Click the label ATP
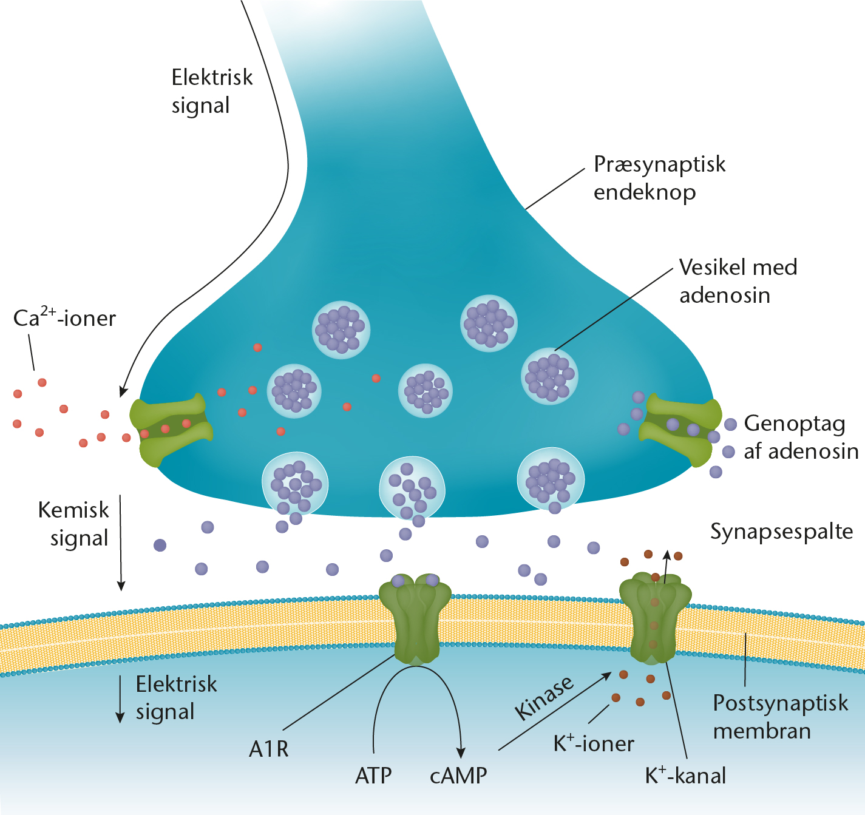[x=373, y=776]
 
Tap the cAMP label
[x=458, y=776]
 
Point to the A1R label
[x=268, y=749]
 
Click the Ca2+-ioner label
[x=64, y=317]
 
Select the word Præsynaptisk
[x=659, y=165]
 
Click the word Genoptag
[x=795, y=424]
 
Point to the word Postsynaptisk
[x=781, y=703]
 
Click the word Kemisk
[x=73, y=510]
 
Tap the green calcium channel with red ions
[x=171, y=430]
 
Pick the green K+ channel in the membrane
[x=655, y=618]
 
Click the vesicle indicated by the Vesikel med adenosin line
[x=550, y=376]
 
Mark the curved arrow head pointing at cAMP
[x=460, y=753]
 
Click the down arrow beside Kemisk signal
[x=121, y=543]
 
